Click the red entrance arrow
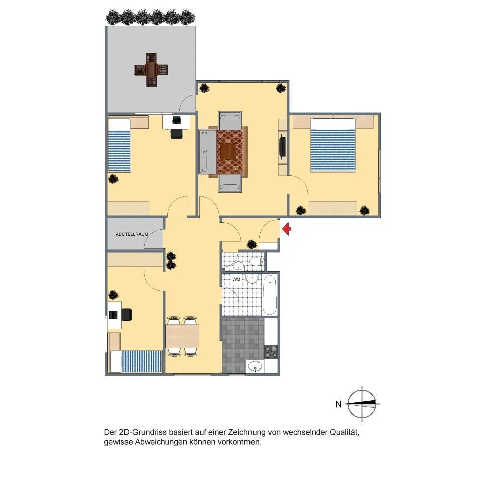[x=287, y=229]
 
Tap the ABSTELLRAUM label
[x=132, y=234]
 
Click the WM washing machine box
[x=236, y=279]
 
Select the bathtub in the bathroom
[x=269, y=295]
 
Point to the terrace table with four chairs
[x=151, y=70]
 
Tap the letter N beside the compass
[x=338, y=404]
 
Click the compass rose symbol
[x=362, y=404]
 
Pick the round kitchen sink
[x=255, y=366]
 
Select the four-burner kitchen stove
[x=271, y=352]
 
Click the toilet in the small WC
[x=257, y=262]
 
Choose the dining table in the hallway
[x=183, y=336]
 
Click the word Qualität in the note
[x=344, y=432]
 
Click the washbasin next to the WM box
[x=253, y=279]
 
